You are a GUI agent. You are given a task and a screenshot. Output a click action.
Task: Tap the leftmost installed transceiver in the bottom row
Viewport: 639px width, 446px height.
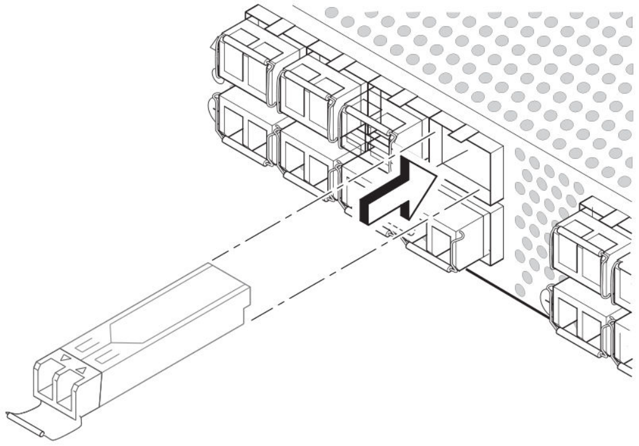pyautogui.click(x=244, y=130)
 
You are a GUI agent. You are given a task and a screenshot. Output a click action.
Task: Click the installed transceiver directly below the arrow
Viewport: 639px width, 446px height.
pyautogui.click(x=453, y=244)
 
